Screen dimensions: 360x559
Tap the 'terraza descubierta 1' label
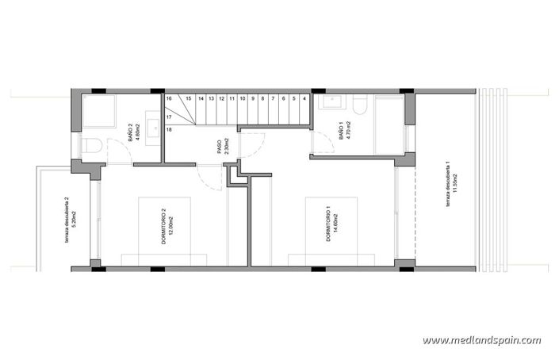pos(452,187)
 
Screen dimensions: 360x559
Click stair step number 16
pos(169,99)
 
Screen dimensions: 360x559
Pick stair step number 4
pos(304,99)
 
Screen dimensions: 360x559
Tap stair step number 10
pos(241,99)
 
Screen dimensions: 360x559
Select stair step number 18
pos(169,128)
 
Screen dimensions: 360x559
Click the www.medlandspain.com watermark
pos(481,340)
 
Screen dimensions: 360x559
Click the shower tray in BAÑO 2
pos(100,112)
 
